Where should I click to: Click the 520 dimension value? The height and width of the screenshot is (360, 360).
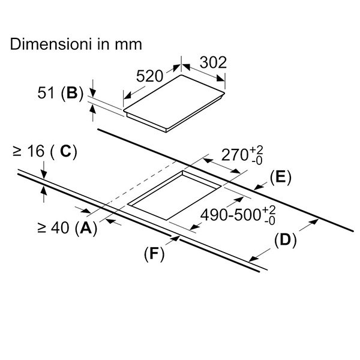point(151,76)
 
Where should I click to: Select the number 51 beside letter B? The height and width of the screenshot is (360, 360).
point(46,94)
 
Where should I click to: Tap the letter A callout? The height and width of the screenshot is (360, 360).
point(86,228)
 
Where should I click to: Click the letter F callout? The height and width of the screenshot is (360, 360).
point(154,253)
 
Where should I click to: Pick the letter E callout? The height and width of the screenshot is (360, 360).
point(280,177)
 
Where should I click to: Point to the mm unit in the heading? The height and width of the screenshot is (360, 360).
point(130,44)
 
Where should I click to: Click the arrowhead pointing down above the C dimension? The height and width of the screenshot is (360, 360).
point(44,176)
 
